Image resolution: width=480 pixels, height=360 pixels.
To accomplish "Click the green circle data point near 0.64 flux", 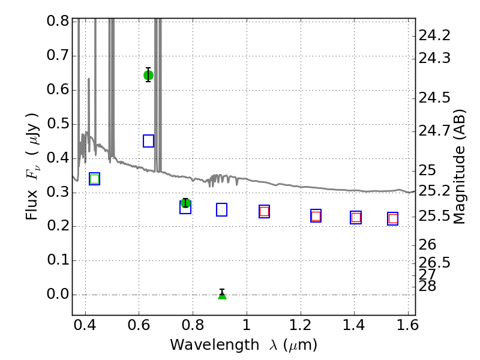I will coord(148,75).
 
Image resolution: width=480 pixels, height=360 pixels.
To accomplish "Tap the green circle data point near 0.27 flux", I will coord(185,203).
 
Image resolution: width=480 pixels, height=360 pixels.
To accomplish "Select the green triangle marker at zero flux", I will coord(222,295).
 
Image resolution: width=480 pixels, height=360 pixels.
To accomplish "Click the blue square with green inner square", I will coord(94,179).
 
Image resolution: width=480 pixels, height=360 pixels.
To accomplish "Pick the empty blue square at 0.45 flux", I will coord(148,141).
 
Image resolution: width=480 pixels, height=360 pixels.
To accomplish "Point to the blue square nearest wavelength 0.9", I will coord(221,209).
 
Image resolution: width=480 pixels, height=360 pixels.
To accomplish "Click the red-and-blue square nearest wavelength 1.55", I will coord(393,218).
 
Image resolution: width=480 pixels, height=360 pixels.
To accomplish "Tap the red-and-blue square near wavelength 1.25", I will coord(316,215).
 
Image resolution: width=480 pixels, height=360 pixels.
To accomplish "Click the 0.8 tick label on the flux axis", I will coord(58,22).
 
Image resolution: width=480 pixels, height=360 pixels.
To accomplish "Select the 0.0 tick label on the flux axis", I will coord(58,295).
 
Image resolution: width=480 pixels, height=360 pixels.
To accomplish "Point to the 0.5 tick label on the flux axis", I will coord(58,124).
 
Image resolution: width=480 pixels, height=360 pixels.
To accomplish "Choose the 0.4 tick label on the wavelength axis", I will coord(85,328).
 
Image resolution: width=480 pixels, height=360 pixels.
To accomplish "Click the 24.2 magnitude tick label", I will coord(435,35).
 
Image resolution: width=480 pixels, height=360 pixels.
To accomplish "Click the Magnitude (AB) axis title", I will coord(460,166).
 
